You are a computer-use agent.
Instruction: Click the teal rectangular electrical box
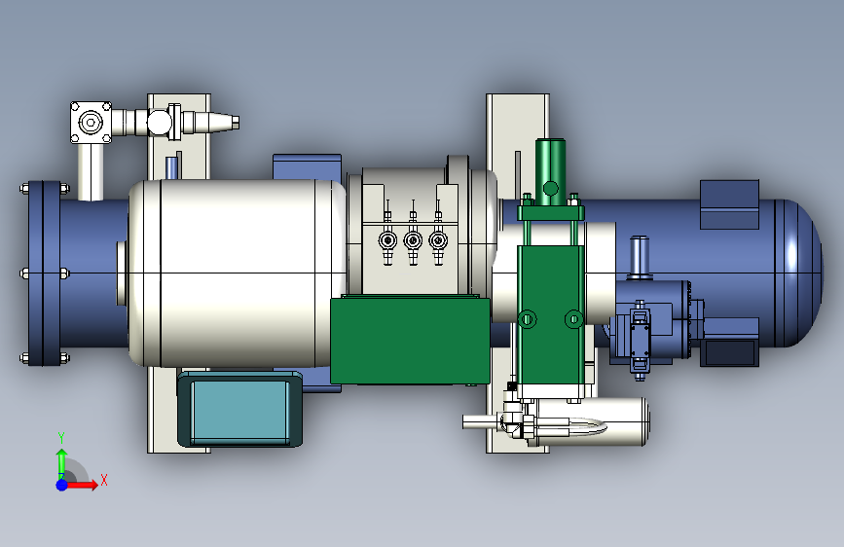coord(239,409)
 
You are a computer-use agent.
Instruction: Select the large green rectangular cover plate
coord(410,341)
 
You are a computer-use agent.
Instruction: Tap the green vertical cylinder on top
coord(550,171)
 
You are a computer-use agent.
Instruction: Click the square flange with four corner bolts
coord(91,123)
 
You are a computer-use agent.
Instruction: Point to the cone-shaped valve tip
coord(222,123)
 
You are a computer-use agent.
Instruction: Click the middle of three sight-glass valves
coord(413,240)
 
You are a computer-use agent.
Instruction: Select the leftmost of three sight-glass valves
coord(387,240)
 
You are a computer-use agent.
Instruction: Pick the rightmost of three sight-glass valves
coord(438,240)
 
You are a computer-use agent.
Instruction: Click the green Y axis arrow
coord(62,458)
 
